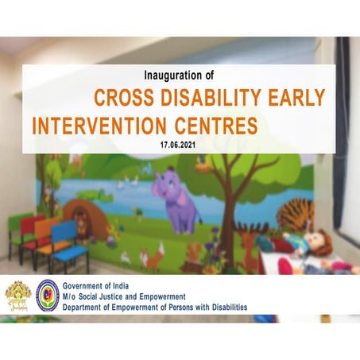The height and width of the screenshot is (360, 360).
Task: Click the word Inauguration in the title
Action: click(x=173, y=76)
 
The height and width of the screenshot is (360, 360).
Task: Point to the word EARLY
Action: click(x=298, y=99)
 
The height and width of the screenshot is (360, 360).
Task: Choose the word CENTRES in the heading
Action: click(x=219, y=126)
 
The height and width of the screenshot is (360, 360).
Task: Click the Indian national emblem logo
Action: click(x=17, y=296)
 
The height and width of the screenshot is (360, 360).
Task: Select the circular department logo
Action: click(x=48, y=295)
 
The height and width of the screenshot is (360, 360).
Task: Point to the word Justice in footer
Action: click(x=126, y=296)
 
